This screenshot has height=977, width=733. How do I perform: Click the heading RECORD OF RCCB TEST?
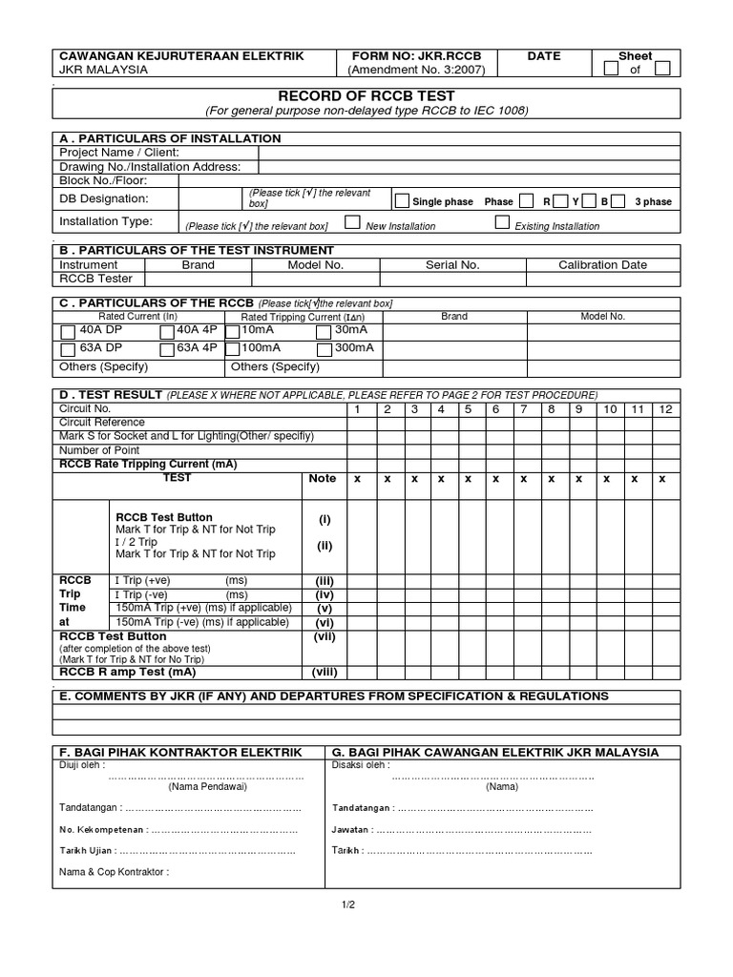point(366,96)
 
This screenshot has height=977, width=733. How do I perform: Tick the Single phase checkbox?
point(402,200)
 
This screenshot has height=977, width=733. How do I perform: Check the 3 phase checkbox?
point(618,200)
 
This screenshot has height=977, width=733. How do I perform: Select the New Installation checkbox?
point(352,223)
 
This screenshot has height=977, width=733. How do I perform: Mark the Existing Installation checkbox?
point(502,223)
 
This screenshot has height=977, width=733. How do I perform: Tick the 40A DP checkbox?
point(68,332)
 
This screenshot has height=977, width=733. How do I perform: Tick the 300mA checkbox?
point(324,349)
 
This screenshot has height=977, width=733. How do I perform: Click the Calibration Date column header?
point(602,265)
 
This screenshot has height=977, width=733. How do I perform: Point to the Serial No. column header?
point(452,265)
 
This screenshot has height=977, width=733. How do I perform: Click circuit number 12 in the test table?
point(666,409)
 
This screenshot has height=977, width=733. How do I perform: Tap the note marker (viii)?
point(325,672)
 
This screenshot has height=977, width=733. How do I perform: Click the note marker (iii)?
point(325,580)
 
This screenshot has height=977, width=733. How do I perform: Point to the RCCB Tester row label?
point(95,280)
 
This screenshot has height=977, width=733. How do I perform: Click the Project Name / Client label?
point(119,153)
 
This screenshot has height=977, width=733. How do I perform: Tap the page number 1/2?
point(347,904)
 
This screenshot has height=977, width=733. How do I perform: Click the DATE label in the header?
point(544,56)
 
